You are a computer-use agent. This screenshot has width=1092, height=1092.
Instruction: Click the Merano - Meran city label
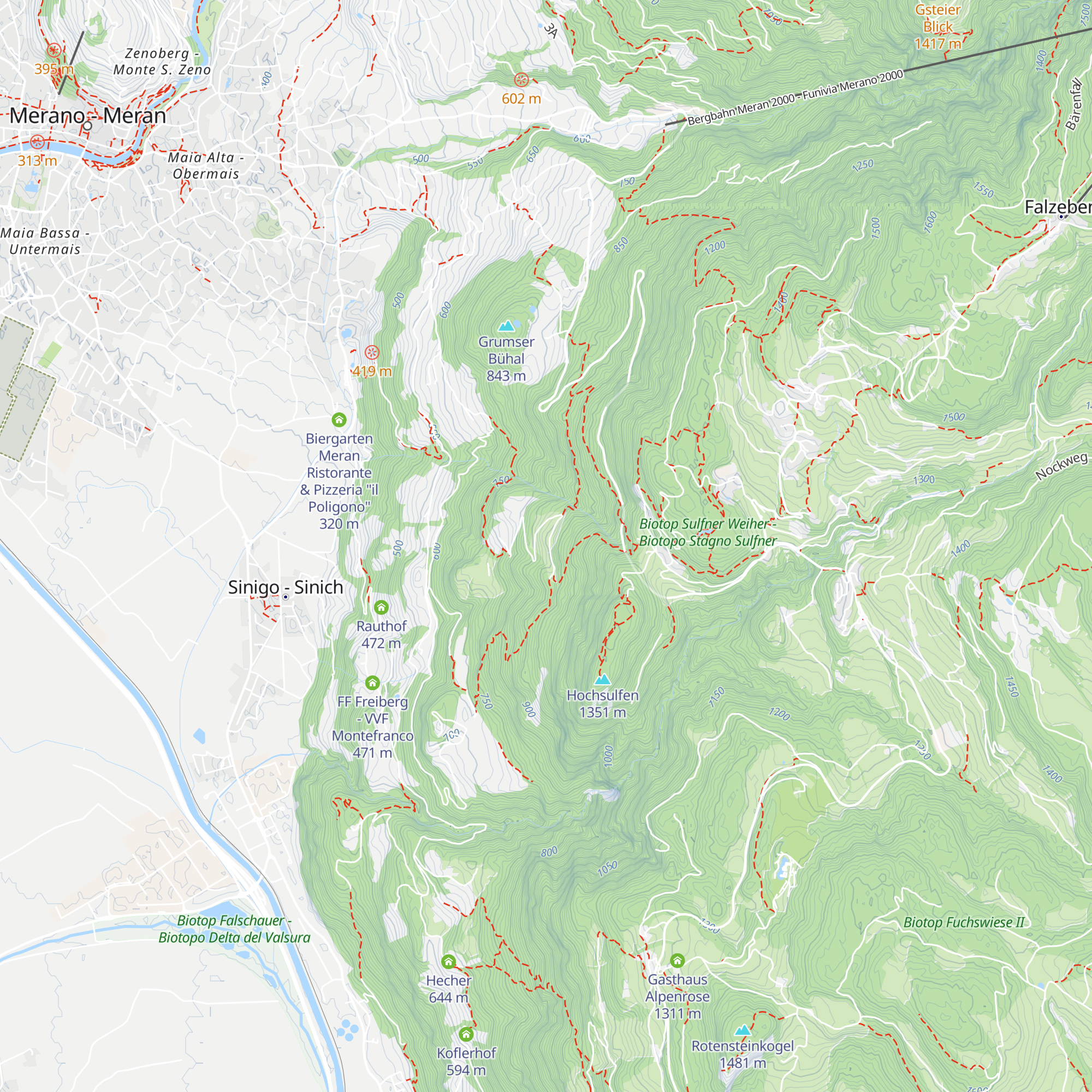tap(87, 116)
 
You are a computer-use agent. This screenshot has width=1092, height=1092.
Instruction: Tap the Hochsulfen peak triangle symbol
tap(603, 679)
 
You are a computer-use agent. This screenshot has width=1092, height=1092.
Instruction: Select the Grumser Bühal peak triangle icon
tap(506, 326)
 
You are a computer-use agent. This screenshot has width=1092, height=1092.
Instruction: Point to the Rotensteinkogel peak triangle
tap(742, 1030)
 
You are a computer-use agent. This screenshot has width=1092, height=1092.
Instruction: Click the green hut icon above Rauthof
tap(381, 608)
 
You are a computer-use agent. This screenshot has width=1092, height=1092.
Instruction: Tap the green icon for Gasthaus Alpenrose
tap(677, 960)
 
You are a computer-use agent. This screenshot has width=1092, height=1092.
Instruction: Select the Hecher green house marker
tap(448, 962)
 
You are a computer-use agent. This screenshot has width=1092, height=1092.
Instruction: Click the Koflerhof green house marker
tap(466, 1034)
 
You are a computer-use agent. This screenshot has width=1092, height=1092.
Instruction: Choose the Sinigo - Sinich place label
tap(286, 587)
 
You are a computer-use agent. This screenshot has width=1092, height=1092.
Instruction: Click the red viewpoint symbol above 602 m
tap(521, 80)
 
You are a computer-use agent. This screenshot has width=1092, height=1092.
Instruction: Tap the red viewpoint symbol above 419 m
tap(371, 353)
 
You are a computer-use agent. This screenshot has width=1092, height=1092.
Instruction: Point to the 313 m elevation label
tap(37, 161)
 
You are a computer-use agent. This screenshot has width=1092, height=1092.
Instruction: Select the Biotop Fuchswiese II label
tap(964, 922)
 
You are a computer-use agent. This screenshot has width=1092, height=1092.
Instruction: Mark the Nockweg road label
tap(1061, 466)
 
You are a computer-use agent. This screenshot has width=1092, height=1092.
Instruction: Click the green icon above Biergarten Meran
tap(339, 420)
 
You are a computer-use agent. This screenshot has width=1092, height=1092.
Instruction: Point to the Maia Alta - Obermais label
tap(206, 165)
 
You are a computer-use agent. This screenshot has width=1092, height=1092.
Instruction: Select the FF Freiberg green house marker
tap(372, 683)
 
